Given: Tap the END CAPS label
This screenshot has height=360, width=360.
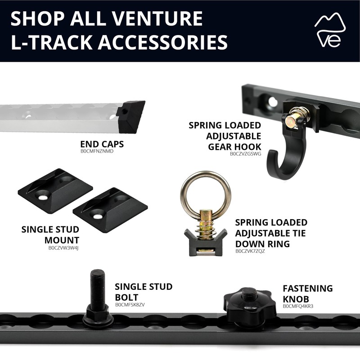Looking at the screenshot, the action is pos(102,144).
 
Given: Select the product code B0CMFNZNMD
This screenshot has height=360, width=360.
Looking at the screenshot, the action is pos(97,152).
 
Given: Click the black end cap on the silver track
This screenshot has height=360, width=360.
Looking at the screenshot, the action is pos(130,116).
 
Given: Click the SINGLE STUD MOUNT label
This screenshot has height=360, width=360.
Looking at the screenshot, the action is pos(50,235).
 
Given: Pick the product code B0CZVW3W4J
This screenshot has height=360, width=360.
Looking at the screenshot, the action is pos(63,247).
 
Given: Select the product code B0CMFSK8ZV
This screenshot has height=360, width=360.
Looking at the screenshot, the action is pos(130,305).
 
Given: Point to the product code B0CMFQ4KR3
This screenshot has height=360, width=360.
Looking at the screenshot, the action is pos(298,306).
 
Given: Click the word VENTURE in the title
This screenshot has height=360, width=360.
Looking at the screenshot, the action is pos(157,18).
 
